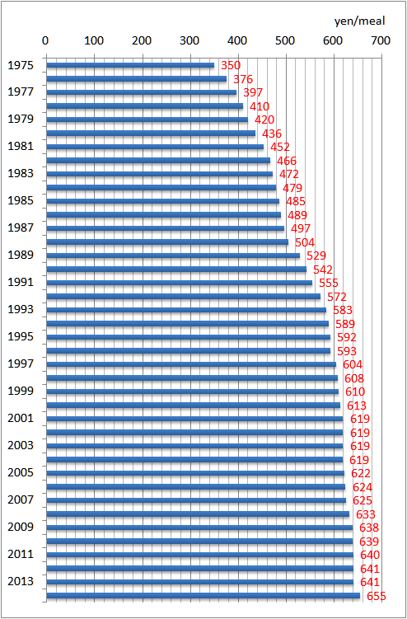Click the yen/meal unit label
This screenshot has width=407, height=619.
click(x=360, y=21)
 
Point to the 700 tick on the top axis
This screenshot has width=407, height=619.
click(x=381, y=40)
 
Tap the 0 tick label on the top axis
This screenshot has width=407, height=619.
click(x=45, y=40)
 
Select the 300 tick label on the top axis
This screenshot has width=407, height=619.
click(x=189, y=40)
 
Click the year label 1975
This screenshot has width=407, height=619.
click(x=21, y=65)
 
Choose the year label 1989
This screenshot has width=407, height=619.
click(x=21, y=255)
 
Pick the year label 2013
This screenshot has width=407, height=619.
click(x=21, y=581)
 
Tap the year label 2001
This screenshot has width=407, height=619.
click(x=21, y=418)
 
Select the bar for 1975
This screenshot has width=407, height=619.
click(x=130, y=65)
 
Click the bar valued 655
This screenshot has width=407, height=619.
click(x=203, y=595)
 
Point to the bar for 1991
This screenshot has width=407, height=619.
click(x=180, y=283)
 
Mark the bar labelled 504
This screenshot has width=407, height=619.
click(x=167, y=242)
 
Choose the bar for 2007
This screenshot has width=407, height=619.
click(x=196, y=500)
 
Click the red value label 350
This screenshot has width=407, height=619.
click(x=231, y=65)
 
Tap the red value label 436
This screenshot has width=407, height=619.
click(x=272, y=134)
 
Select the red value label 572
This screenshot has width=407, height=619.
click(x=337, y=297)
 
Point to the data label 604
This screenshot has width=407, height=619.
click(x=353, y=364)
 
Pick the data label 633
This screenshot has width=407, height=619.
click(x=366, y=514)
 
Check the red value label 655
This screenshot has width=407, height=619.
click(x=377, y=596)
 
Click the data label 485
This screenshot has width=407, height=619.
click(x=296, y=201)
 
